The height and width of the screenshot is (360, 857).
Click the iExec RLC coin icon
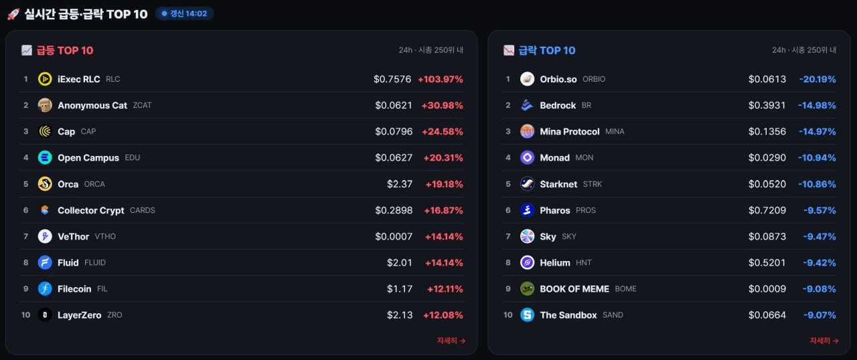[x=45, y=79]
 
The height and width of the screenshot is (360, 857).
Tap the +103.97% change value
[x=441, y=79]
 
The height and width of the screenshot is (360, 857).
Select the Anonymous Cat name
[x=92, y=106]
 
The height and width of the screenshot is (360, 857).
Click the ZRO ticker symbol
[x=114, y=315]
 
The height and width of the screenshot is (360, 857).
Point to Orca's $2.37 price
[x=400, y=184]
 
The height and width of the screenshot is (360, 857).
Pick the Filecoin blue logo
[x=45, y=289]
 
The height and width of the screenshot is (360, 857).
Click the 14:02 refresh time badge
[x=184, y=14]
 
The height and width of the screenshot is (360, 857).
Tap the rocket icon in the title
[x=13, y=14]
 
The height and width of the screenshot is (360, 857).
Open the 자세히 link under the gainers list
[x=451, y=341]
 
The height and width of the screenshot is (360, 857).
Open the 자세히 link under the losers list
[x=824, y=341]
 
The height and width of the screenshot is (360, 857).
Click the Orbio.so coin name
[x=558, y=79]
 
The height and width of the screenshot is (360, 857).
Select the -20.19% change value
[x=817, y=79]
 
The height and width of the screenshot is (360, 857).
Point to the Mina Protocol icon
[x=527, y=131]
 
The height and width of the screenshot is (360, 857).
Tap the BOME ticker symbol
[x=625, y=289]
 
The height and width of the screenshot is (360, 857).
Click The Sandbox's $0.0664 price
[x=767, y=315]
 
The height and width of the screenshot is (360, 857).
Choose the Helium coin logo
[x=527, y=262]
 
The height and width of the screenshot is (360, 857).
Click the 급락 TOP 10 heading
[x=547, y=50]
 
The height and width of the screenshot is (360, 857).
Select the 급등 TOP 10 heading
[x=65, y=50]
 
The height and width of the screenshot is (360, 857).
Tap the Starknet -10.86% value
[x=817, y=184]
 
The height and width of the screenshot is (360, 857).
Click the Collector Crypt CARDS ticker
[x=143, y=210]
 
